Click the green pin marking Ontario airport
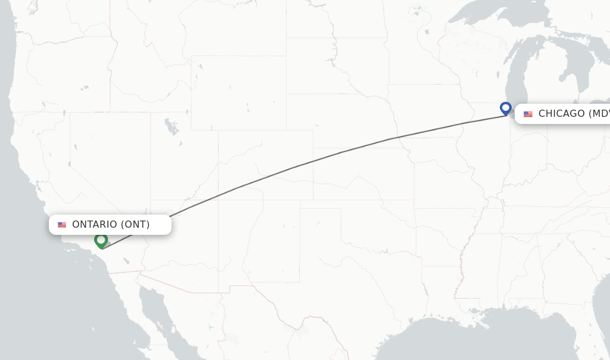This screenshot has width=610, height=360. point(101,240)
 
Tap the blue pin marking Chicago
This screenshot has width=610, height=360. point(506,108)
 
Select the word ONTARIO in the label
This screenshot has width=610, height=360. point(95,225)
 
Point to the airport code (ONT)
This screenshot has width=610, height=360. point(135,225)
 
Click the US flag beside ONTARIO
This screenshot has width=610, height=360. point(62,225)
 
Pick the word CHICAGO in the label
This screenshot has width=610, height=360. point(562,114)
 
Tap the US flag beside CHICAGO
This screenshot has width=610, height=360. point(528,114)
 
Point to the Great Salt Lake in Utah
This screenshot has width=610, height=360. point(172,127)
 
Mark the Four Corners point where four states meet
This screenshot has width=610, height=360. point(218,200)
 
